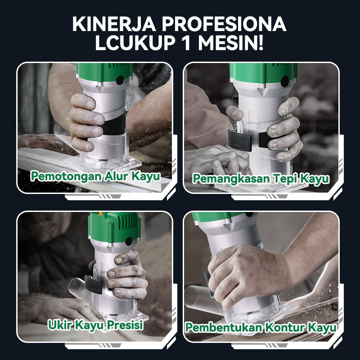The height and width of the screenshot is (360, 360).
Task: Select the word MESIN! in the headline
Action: pyautogui.click(x=231, y=43)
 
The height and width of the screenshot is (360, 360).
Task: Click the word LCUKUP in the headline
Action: pyautogui.click(x=135, y=43)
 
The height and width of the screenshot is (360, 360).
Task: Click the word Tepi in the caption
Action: pyautogui.click(x=285, y=179)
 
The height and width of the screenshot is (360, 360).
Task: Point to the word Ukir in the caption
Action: pyautogui.click(x=60, y=325)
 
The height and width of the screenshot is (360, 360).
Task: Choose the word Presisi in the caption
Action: pyautogui.click(x=125, y=325)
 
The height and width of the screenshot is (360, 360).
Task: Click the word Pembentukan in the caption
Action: pyautogui.click(x=223, y=327)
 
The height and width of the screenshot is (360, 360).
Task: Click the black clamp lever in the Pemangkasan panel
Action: pyautogui.click(x=239, y=140)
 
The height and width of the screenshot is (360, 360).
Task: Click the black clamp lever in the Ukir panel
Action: pyautogui.click(x=94, y=284)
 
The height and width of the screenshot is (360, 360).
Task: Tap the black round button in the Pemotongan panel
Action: pyautogui.click(x=120, y=81)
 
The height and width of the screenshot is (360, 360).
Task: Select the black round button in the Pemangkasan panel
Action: pyautogui.click(x=285, y=81)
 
